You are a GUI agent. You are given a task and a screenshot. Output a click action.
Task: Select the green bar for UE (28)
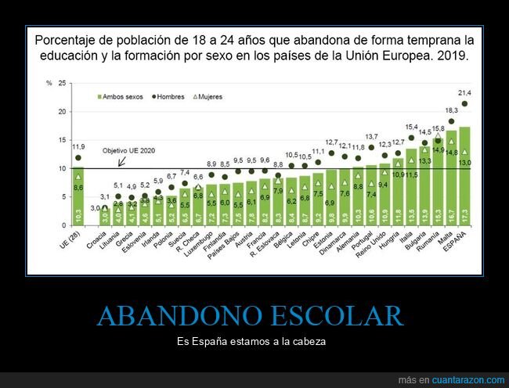[78, 196]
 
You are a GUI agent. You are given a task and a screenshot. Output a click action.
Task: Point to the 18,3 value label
[452, 110]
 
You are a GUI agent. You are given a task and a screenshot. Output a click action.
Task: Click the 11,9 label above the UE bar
[78, 146]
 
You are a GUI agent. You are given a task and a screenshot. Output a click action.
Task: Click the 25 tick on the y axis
[62, 83]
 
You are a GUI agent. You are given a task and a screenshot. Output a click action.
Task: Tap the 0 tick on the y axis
[63, 225]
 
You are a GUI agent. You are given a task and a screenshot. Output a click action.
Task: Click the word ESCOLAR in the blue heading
[335, 316]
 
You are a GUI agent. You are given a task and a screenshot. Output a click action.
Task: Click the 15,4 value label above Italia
[412, 127]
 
